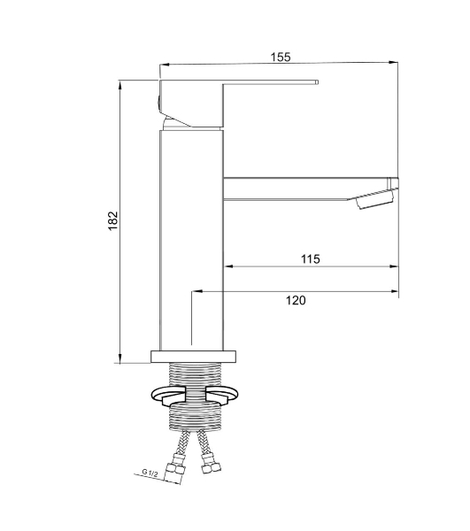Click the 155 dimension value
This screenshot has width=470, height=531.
click(x=281, y=57)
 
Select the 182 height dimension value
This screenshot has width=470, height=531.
click(x=113, y=220)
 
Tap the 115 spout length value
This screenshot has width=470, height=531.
click(x=311, y=259)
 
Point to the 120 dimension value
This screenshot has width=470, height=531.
click(x=296, y=300)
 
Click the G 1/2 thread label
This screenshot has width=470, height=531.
click(x=150, y=473)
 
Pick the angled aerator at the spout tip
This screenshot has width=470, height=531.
click(x=375, y=199)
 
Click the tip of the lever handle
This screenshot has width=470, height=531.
click(x=317, y=82)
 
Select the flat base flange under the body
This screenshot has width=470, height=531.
click(x=193, y=357)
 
